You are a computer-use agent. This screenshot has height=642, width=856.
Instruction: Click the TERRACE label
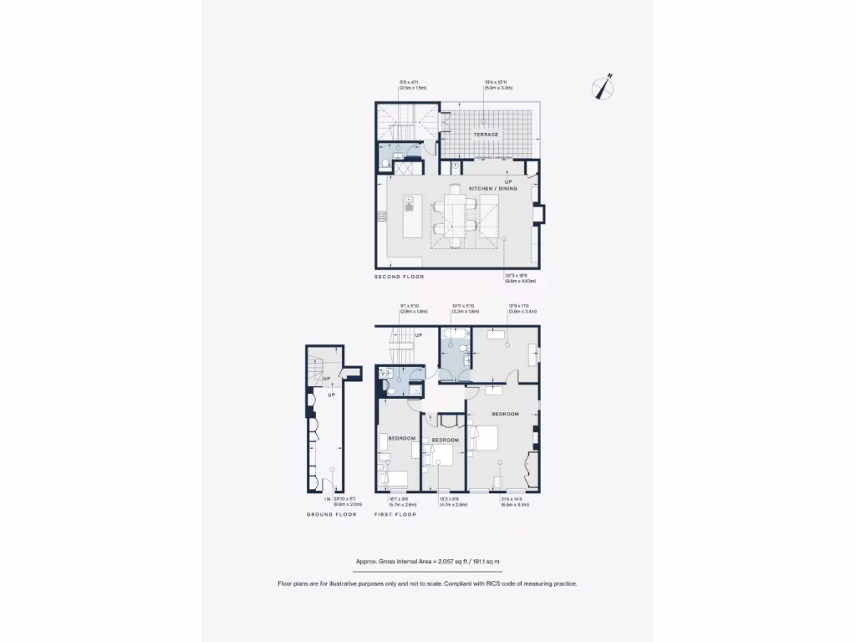coord(486,135)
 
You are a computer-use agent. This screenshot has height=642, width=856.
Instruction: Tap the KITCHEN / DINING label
coord(492,189)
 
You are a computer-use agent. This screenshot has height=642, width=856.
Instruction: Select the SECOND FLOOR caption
coord(400,277)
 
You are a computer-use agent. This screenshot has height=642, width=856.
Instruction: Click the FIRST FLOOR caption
coord(395,515)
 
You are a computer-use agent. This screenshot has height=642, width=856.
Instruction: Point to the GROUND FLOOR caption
coord(331,515)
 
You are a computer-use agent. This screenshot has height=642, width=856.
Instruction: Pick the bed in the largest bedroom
coord(484,439)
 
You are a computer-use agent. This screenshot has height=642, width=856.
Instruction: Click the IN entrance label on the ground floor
coord(328,499)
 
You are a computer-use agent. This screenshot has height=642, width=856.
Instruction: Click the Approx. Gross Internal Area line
coord(427,562)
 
